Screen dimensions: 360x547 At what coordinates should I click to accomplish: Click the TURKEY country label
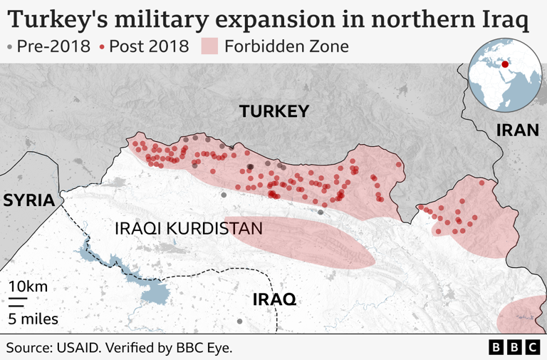tap(273, 111)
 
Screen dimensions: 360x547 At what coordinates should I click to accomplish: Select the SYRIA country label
tap(28, 200)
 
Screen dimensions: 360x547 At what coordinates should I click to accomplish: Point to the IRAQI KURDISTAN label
tap(189, 229)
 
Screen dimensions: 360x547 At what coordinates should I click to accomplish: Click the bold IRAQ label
tap(274, 299)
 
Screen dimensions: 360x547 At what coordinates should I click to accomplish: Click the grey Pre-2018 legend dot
tap(9, 48)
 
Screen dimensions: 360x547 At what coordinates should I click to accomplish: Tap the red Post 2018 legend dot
tap(103, 48)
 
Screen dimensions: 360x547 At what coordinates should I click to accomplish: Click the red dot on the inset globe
tap(506, 65)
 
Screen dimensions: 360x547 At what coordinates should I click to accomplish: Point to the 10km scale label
tap(28, 287)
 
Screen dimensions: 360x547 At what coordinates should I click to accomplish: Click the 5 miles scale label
tap(33, 319)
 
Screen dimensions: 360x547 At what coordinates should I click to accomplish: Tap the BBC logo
tap(514, 347)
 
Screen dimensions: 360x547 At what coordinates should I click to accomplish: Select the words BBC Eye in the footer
tap(207, 348)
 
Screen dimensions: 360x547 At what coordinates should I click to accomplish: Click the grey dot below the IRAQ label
tap(239, 322)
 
